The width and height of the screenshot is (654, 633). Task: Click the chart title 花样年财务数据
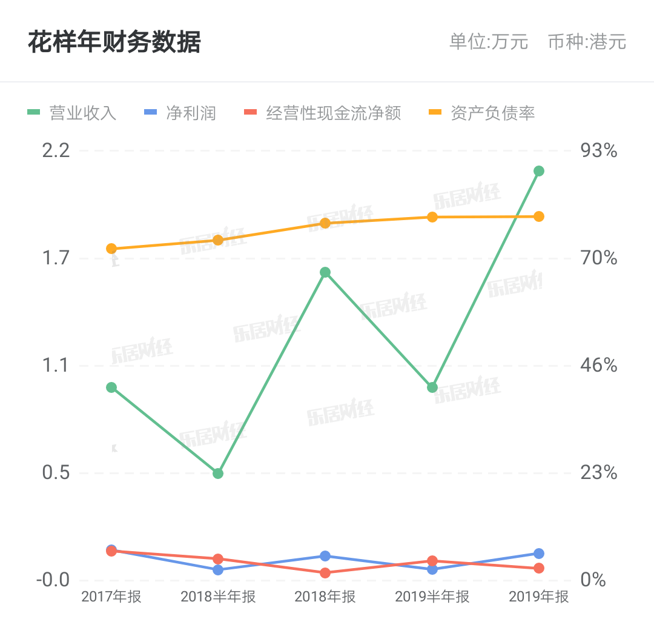(114, 42)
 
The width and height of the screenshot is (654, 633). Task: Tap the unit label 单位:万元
(489, 42)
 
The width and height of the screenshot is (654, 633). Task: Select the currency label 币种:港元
(587, 42)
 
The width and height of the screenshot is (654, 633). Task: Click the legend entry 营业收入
(71, 113)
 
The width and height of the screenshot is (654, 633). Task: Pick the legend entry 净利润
(180, 113)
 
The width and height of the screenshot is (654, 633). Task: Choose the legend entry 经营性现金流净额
(322, 113)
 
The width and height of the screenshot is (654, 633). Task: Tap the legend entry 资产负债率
(482, 113)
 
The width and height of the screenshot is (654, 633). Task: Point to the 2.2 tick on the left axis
(56, 150)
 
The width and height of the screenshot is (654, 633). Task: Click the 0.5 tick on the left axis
(56, 473)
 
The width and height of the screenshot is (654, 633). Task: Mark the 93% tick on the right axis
(599, 150)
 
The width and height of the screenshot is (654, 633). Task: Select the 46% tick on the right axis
(599, 366)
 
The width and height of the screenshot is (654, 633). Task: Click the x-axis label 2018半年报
(218, 597)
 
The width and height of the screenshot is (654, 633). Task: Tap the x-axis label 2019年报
(539, 597)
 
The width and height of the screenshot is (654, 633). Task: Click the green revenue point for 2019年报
(539, 171)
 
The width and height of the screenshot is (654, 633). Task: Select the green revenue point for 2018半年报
(218, 474)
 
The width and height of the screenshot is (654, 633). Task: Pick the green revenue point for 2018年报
(325, 273)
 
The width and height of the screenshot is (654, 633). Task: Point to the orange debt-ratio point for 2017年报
(111, 249)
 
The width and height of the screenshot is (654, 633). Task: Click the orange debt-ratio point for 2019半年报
(432, 217)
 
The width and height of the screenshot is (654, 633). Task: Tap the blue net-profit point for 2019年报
(539, 554)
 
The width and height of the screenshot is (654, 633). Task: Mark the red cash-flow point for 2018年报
(325, 573)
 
